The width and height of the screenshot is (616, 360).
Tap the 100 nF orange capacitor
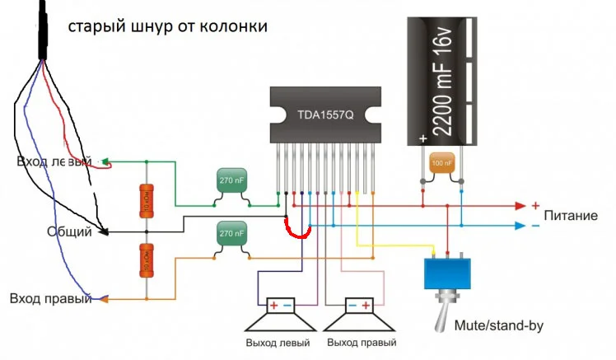click(x=442, y=165)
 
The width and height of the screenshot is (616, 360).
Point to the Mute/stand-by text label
click(x=499, y=325)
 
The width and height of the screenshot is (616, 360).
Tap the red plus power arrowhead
click(x=520, y=205)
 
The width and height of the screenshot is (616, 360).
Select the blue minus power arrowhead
click(x=520, y=225)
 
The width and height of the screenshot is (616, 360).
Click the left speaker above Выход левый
click(x=282, y=316)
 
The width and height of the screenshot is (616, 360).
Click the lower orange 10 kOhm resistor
click(x=145, y=260)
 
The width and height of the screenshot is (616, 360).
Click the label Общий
click(x=68, y=232)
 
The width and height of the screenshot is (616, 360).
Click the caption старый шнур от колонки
click(x=167, y=27)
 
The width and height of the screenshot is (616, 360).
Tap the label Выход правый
click(x=362, y=342)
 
